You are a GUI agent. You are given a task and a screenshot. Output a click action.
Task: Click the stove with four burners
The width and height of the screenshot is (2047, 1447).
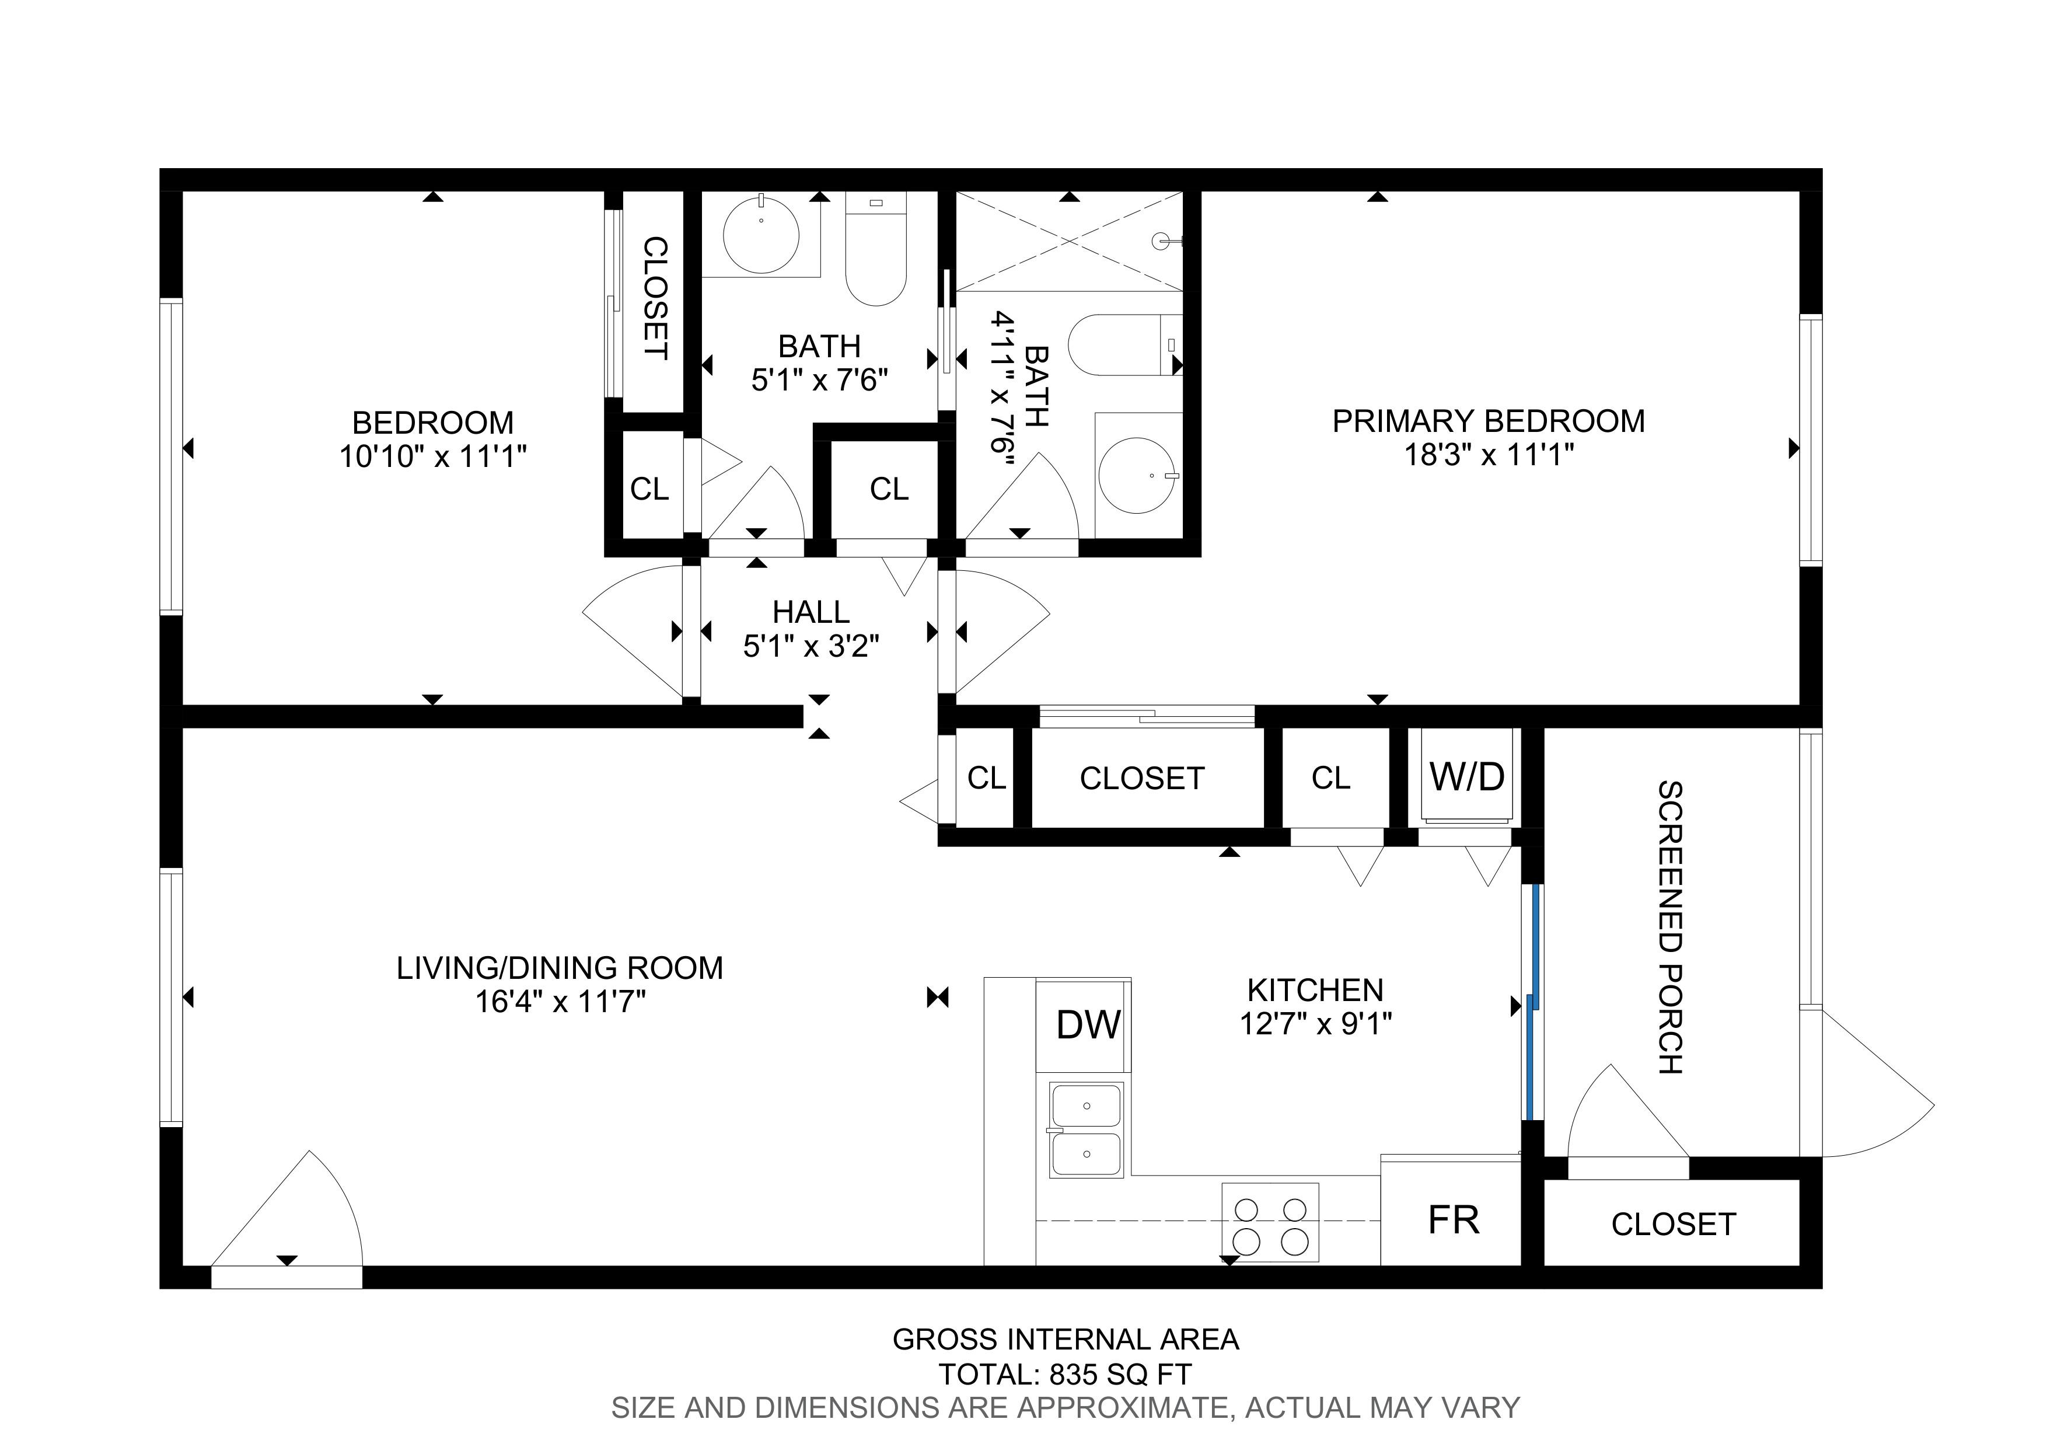click(x=1270, y=1222)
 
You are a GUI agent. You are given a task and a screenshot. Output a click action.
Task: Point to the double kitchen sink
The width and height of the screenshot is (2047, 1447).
click(x=1086, y=1129)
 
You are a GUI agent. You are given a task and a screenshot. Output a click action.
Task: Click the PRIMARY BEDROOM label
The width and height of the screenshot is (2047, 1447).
click(x=1488, y=421)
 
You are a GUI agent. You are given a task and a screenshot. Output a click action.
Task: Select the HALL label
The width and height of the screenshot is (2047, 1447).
click(x=811, y=612)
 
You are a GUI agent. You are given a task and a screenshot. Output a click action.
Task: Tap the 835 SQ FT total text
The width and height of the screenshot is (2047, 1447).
click(x=1120, y=1375)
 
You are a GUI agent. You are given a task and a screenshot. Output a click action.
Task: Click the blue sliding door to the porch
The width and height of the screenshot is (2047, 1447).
click(x=1532, y=1001)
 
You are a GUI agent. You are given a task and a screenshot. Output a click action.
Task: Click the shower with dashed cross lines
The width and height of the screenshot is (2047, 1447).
click(x=1069, y=240)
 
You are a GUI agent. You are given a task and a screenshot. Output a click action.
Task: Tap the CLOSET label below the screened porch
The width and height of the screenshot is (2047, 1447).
click(x=1674, y=1224)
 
